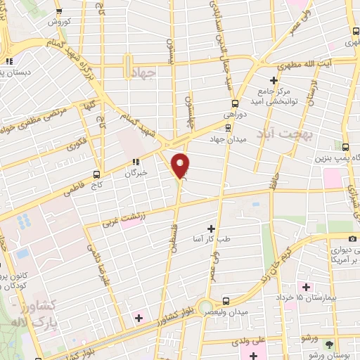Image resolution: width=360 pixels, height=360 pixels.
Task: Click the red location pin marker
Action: pyautogui.click(x=181, y=165)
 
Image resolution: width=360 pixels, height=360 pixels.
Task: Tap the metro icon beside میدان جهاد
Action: pyautogui.click(x=226, y=127)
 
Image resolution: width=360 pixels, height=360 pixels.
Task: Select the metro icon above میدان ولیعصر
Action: pyautogui.click(x=226, y=299)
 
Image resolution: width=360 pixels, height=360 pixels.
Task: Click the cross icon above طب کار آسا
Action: pyautogui.click(x=211, y=229)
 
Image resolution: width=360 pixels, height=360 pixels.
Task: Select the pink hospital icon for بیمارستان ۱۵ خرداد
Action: pyautogui.click(x=306, y=287)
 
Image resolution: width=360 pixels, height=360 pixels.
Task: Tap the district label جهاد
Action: pyautogui.click(x=141, y=75)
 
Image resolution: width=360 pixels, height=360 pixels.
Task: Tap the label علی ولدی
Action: pyautogui.click(x=250, y=340)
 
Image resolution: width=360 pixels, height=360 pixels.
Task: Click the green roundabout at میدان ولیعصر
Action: pyautogui.click(x=206, y=307)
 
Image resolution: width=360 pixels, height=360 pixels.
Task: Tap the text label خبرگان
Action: pyautogui.click(x=135, y=172)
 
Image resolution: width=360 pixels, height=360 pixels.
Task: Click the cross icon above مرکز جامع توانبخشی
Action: pyautogui.click(x=275, y=80)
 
